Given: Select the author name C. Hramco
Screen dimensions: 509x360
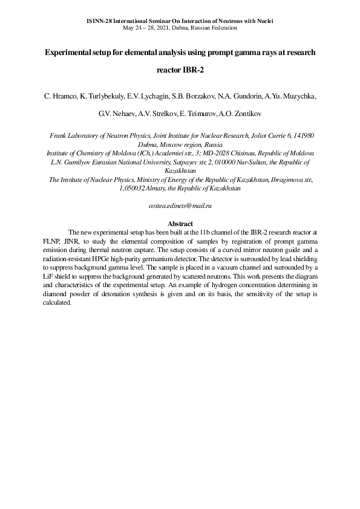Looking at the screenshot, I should (x=56, y=96).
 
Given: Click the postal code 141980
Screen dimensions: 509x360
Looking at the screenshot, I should (x=302, y=137).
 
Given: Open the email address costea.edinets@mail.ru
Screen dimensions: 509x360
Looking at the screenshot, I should (x=180, y=206).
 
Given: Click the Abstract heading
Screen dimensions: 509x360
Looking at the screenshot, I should (x=180, y=224).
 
